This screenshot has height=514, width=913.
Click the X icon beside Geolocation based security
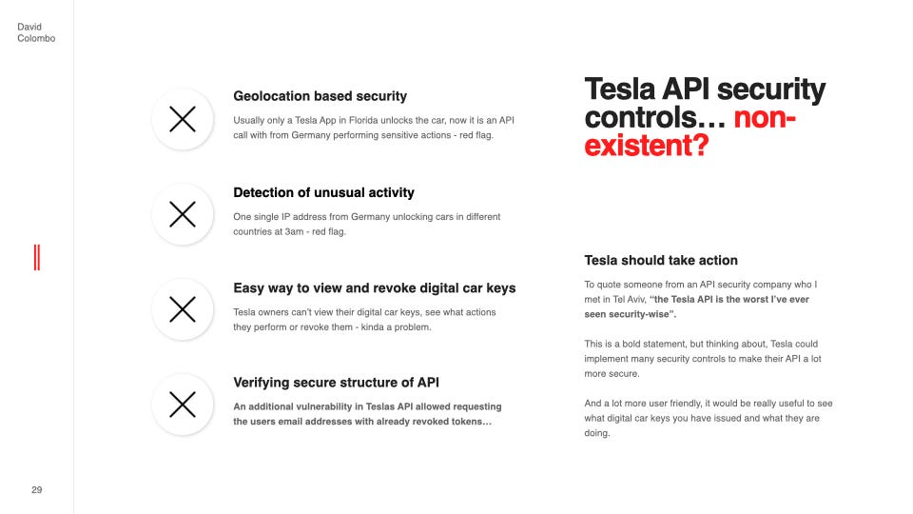[x=182, y=119]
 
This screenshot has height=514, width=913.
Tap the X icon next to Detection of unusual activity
[x=182, y=214]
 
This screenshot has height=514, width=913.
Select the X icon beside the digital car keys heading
[x=182, y=309]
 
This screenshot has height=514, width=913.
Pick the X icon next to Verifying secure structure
[x=182, y=405]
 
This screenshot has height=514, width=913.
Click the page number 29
[x=36, y=489]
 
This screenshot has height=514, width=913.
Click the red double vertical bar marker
[x=36, y=257]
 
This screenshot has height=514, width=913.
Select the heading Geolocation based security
[x=320, y=96]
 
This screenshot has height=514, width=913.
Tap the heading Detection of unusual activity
[x=323, y=192]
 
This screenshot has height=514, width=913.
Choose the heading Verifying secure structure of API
[x=336, y=383]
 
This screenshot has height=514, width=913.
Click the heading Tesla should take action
[x=661, y=260]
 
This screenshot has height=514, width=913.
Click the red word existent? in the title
[x=647, y=148]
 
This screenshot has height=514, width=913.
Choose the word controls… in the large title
[x=653, y=119]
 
